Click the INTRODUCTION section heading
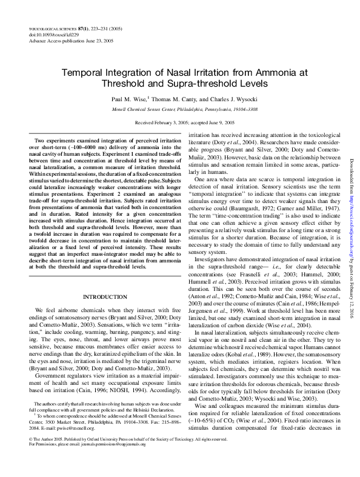click(x=98, y=296)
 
